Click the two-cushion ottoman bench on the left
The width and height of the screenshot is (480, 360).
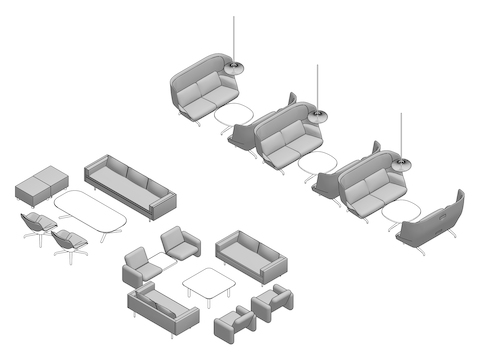[x=41, y=185]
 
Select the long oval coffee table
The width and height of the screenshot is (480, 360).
[x=90, y=211]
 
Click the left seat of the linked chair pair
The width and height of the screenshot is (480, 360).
[x=137, y=269]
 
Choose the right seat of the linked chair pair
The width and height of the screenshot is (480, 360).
[x=178, y=243]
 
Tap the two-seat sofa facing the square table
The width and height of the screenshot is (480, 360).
[x=251, y=256]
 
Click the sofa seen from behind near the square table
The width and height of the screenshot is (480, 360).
[x=161, y=311]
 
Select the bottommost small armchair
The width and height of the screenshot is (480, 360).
[x=234, y=325]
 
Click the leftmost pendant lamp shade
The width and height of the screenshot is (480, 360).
[x=237, y=67]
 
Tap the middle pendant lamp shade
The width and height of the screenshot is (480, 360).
[x=319, y=115]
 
